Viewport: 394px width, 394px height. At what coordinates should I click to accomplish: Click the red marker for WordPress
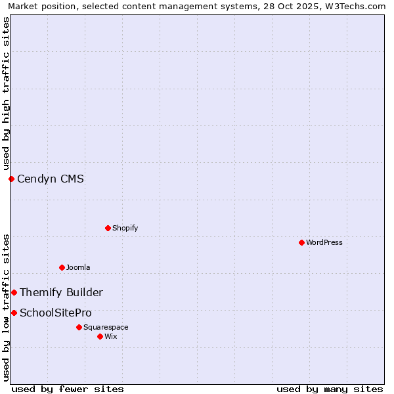(301, 242)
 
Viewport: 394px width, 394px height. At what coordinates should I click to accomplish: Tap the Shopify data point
(108, 228)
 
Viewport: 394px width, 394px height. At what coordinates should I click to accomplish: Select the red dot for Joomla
(62, 267)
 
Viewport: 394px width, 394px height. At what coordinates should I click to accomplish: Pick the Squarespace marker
(79, 327)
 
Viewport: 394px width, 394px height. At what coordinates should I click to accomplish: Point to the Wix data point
(100, 336)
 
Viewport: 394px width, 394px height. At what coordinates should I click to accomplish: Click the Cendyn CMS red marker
(11, 179)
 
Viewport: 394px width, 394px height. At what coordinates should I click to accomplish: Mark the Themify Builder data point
(14, 292)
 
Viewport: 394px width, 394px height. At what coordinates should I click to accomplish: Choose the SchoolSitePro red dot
(14, 313)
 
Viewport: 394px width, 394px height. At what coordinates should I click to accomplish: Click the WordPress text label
(324, 242)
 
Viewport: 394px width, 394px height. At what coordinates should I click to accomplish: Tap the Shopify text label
(125, 228)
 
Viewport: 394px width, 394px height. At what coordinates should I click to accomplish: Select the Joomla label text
(78, 267)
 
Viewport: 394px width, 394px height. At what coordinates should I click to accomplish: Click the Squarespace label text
(106, 327)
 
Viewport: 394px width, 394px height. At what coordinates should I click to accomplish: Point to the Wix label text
(111, 336)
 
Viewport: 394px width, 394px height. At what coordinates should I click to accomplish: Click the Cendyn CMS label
(51, 179)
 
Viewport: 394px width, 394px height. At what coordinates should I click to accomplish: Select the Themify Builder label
(61, 292)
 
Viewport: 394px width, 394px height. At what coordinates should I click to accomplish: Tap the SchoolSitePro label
(56, 313)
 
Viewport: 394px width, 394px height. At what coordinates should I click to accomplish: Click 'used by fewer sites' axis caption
(68, 389)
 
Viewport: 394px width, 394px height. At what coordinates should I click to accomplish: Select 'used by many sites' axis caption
(330, 389)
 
